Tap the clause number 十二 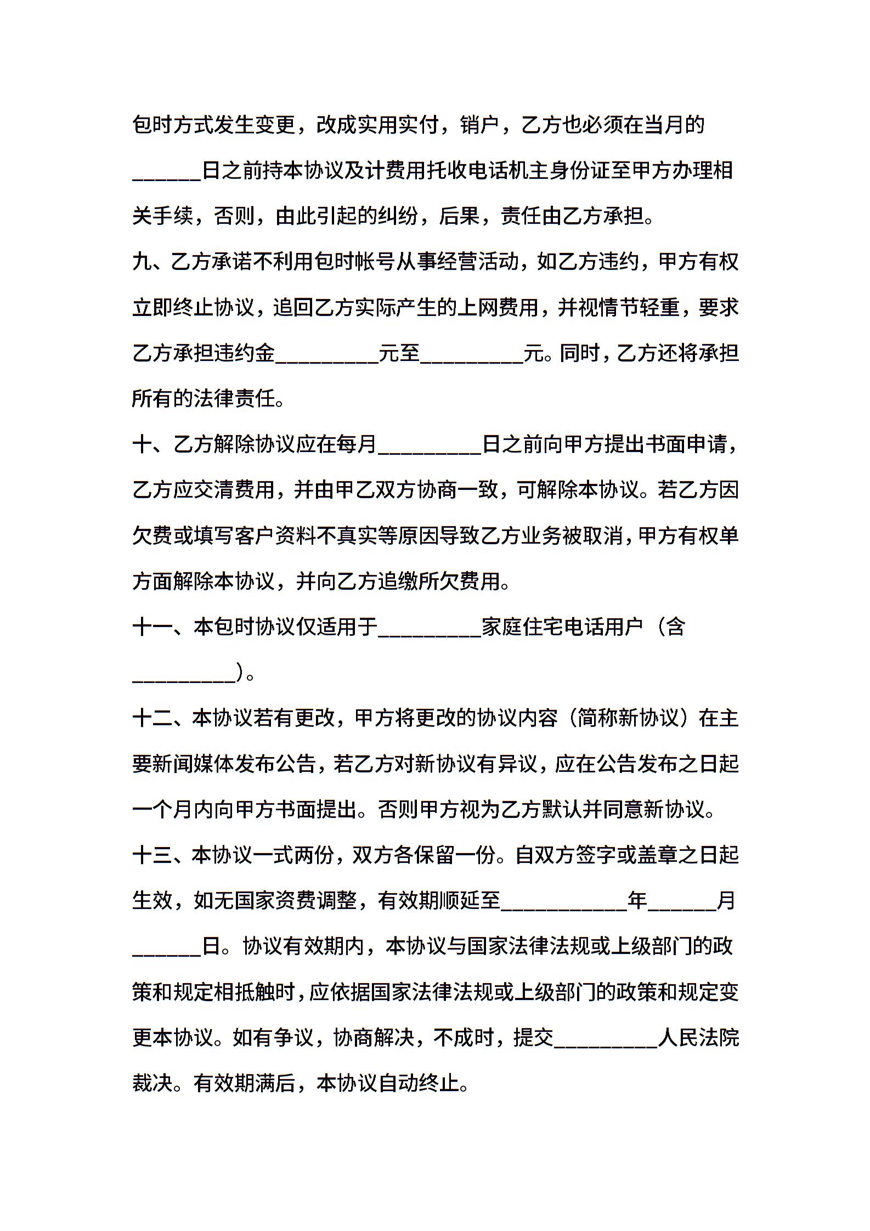pos(152,719)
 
